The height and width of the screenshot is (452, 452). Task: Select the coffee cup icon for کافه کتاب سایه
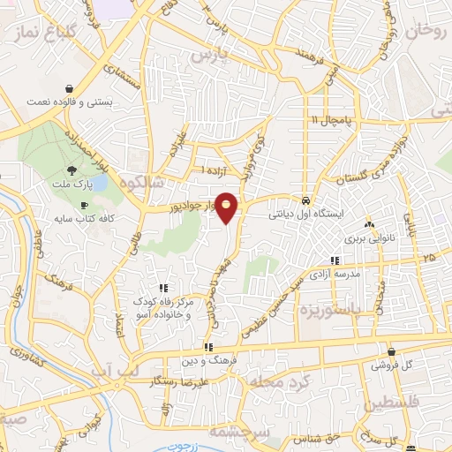(85, 205)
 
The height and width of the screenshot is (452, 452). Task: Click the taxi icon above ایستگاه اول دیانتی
(305, 200)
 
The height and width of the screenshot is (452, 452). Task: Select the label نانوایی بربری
(367, 237)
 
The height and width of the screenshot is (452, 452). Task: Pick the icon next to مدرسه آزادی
(335, 260)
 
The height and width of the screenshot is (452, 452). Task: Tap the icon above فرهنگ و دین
(207, 347)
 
